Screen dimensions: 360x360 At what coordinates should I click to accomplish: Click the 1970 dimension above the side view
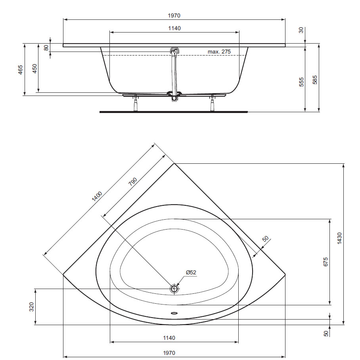tap(174, 15)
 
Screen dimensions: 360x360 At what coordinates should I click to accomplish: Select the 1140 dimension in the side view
tap(174, 28)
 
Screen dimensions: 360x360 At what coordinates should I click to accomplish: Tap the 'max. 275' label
tap(219, 52)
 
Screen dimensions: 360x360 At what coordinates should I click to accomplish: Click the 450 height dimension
tap(34, 69)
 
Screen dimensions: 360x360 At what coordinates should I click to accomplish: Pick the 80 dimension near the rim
tap(46, 47)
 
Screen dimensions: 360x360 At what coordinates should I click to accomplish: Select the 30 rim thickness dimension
tap(301, 30)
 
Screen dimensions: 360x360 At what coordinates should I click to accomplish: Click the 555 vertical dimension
tap(301, 82)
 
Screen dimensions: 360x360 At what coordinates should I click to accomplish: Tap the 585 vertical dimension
tap(315, 80)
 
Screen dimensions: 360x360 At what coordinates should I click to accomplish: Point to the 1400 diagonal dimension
tap(97, 196)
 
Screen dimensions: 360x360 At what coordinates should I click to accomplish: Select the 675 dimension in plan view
tap(326, 262)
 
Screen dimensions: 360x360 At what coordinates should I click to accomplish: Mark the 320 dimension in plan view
tap(31, 307)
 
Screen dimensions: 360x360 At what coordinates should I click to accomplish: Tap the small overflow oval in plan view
tap(174, 312)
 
